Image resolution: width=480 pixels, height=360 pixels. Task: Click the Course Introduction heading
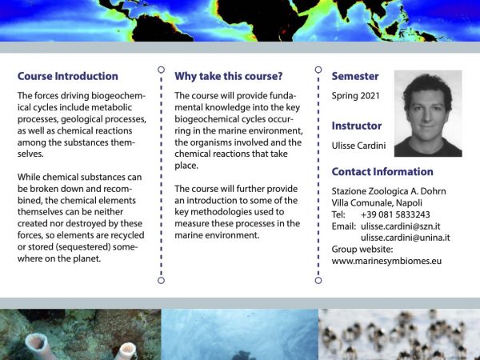click(x=68, y=76)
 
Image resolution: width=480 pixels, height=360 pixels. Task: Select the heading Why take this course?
click(x=228, y=76)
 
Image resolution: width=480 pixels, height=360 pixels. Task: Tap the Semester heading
click(x=355, y=76)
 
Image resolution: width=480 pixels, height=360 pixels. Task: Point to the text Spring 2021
click(x=355, y=96)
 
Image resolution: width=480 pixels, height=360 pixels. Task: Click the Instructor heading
click(x=357, y=126)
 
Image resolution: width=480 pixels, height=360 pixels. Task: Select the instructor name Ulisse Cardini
click(x=358, y=146)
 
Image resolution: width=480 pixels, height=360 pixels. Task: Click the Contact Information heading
click(x=382, y=172)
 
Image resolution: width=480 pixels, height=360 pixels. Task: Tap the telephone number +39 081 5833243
click(x=395, y=214)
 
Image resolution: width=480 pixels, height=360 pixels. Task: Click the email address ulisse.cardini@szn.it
click(x=401, y=226)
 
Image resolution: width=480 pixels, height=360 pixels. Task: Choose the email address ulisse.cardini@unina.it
click(x=406, y=238)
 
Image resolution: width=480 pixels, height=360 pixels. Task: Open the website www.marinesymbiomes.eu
click(x=386, y=261)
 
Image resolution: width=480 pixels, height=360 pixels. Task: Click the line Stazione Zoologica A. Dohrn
click(x=389, y=191)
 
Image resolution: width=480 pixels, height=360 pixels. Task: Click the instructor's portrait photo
click(x=428, y=114)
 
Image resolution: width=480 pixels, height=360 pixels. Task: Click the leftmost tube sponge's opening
click(x=37, y=341)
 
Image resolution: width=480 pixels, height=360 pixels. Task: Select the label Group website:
click(x=362, y=250)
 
